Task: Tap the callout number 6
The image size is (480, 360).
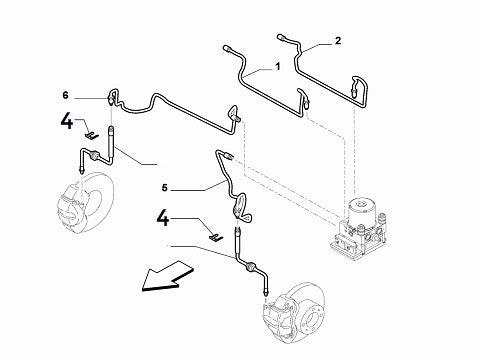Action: (66, 95)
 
